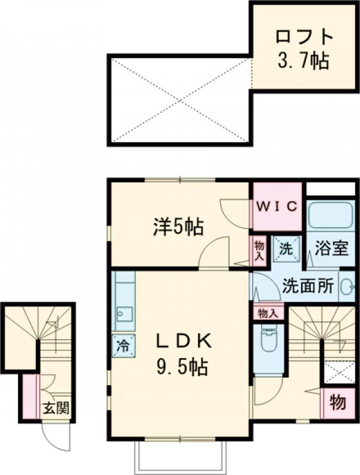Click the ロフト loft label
point(304,37)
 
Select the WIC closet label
point(277,207)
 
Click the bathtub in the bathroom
point(331,217)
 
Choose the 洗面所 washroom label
point(308,286)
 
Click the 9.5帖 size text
point(182,366)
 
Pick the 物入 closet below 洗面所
point(268,312)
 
